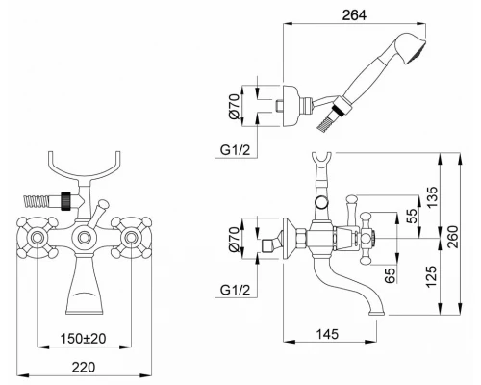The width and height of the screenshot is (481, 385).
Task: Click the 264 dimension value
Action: pos(354,15)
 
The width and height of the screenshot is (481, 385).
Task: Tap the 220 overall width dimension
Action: pos(84,367)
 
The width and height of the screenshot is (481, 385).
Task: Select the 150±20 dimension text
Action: pos(84,338)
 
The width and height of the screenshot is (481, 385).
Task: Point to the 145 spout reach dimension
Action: pos(327,334)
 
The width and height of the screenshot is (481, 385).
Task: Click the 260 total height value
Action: pos(453,237)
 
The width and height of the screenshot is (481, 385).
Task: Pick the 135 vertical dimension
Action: pos(432,197)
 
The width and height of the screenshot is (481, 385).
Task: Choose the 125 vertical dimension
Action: pos(432,276)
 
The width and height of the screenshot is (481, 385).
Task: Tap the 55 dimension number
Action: pos(412,216)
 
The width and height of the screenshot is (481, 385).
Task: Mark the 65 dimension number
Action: pos(390,275)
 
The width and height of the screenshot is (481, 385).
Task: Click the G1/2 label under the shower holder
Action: pos(235,150)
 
